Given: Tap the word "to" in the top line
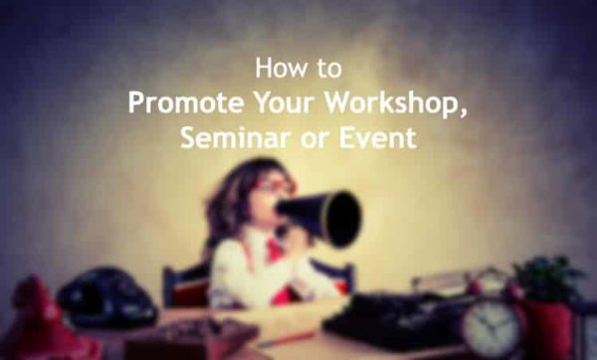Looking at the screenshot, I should coord(326,70).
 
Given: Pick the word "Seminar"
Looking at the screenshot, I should coord(223,138).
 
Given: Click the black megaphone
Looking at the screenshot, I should coord(324,212).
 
